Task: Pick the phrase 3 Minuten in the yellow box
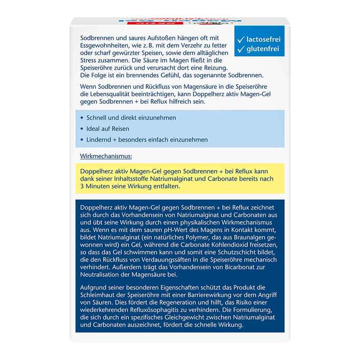96,186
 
